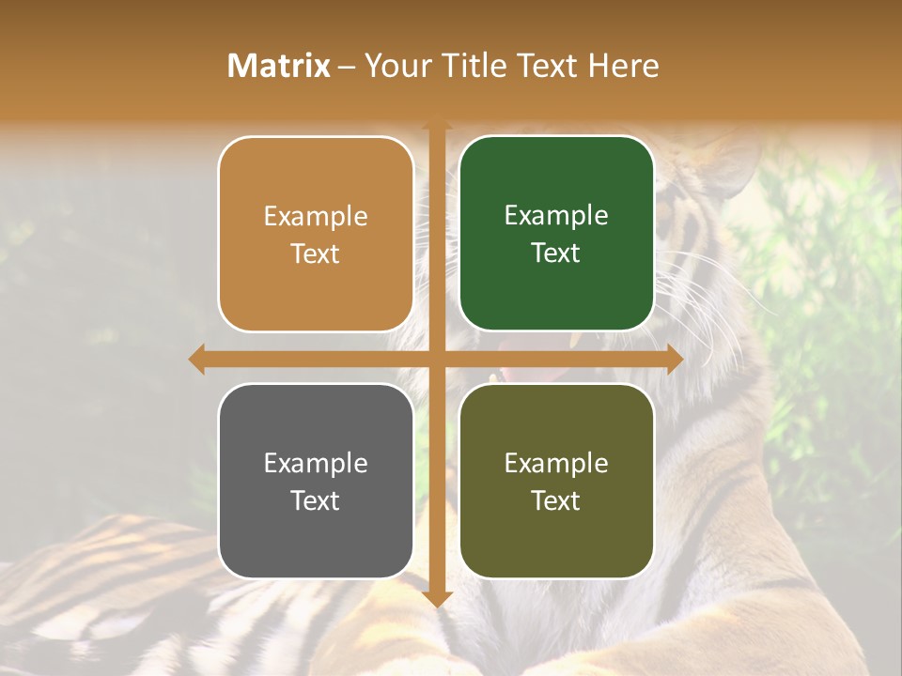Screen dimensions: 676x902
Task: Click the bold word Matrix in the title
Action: (x=279, y=66)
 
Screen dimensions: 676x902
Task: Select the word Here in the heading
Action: (x=623, y=66)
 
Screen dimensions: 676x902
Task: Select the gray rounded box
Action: (x=316, y=545)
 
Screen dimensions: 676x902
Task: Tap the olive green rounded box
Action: (x=556, y=545)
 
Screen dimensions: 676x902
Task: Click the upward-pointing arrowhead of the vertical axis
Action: (x=437, y=126)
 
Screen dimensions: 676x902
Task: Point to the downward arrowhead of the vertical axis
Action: (x=437, y=598)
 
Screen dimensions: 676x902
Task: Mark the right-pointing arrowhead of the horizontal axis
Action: (x=674, y=360)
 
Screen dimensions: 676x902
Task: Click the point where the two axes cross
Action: (x=437, y=360)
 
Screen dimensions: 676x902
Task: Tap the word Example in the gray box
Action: (x=316, y=463)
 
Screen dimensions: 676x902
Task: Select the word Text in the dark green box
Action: (x=556, y=253)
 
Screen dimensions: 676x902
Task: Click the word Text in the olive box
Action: (x=556, y=500)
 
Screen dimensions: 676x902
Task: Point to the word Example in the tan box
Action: (x=316, y=217)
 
